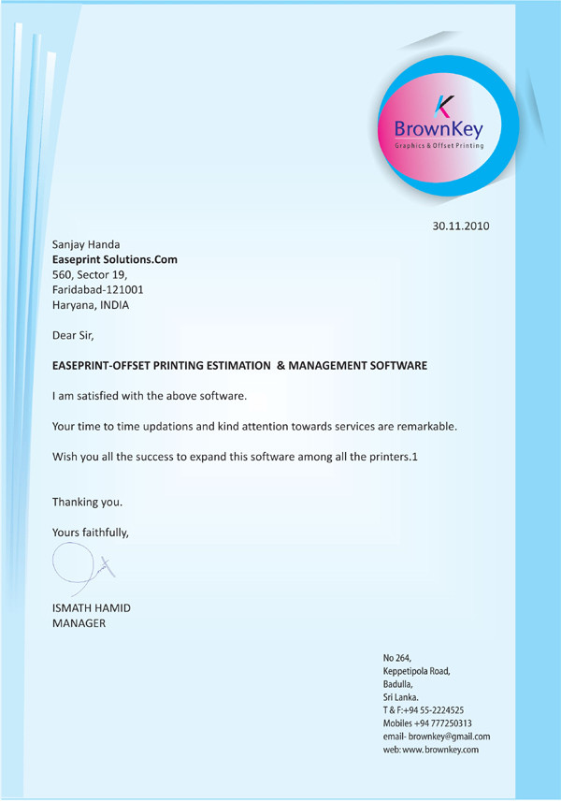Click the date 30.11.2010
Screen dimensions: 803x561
pos(460,226)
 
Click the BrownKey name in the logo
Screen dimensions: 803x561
pos(438,128)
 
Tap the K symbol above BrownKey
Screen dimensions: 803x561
pos(444,104)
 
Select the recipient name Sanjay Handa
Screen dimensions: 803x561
pos(86,244)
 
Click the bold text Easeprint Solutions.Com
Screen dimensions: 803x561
pos(114,259)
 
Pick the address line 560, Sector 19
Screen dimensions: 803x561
pos(95,274)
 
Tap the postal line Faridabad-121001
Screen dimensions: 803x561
pos(97,289)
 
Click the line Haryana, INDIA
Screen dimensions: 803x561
pos(91,304)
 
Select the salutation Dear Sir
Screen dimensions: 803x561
pos(74,334)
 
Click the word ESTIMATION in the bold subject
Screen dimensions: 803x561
pos(237,366)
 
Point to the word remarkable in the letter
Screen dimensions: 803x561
pos(420,426)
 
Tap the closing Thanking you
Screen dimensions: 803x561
pos(87,502)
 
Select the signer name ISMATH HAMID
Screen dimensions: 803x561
pos(92,608)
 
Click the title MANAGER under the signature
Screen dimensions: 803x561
pos(79,623)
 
